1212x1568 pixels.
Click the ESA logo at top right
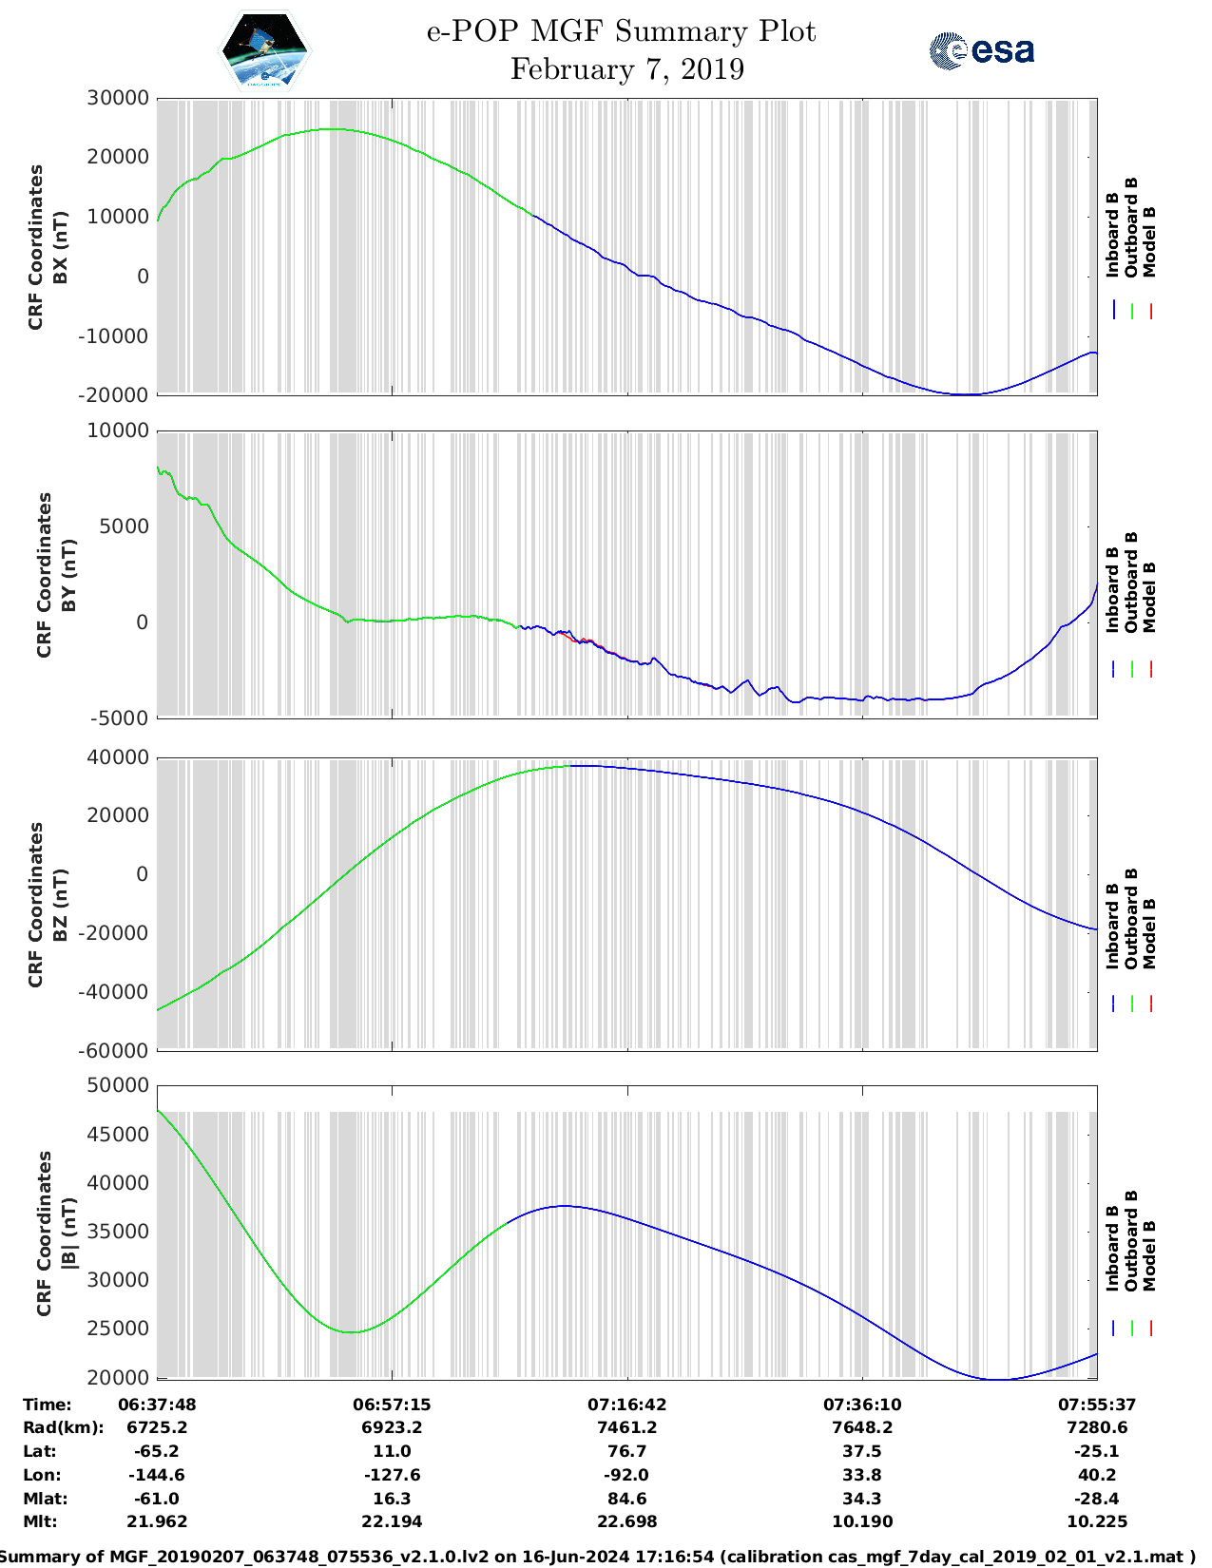(x=981, y=50)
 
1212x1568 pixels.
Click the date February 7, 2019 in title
(x=626, y=69)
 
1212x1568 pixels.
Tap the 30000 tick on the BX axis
(x=118, y=98)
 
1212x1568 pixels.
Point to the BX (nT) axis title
(x=61, y=247)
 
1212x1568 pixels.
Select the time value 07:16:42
(x=626, y=1405)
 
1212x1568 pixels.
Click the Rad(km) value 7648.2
(x=862, y=1427)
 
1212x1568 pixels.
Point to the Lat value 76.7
(x=626, y=1451)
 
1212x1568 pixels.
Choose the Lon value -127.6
(x=392, y=1475)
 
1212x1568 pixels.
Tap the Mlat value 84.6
(x=626, y=1499)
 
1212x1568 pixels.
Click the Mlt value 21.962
(x=157, y=1521)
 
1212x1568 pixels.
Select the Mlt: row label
(x=40, y=1521)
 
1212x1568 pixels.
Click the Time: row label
(x=48, y=1405)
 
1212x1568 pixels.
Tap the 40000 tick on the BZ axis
(x=118, y=757)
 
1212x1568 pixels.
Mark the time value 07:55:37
(x=1097, y=1405)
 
